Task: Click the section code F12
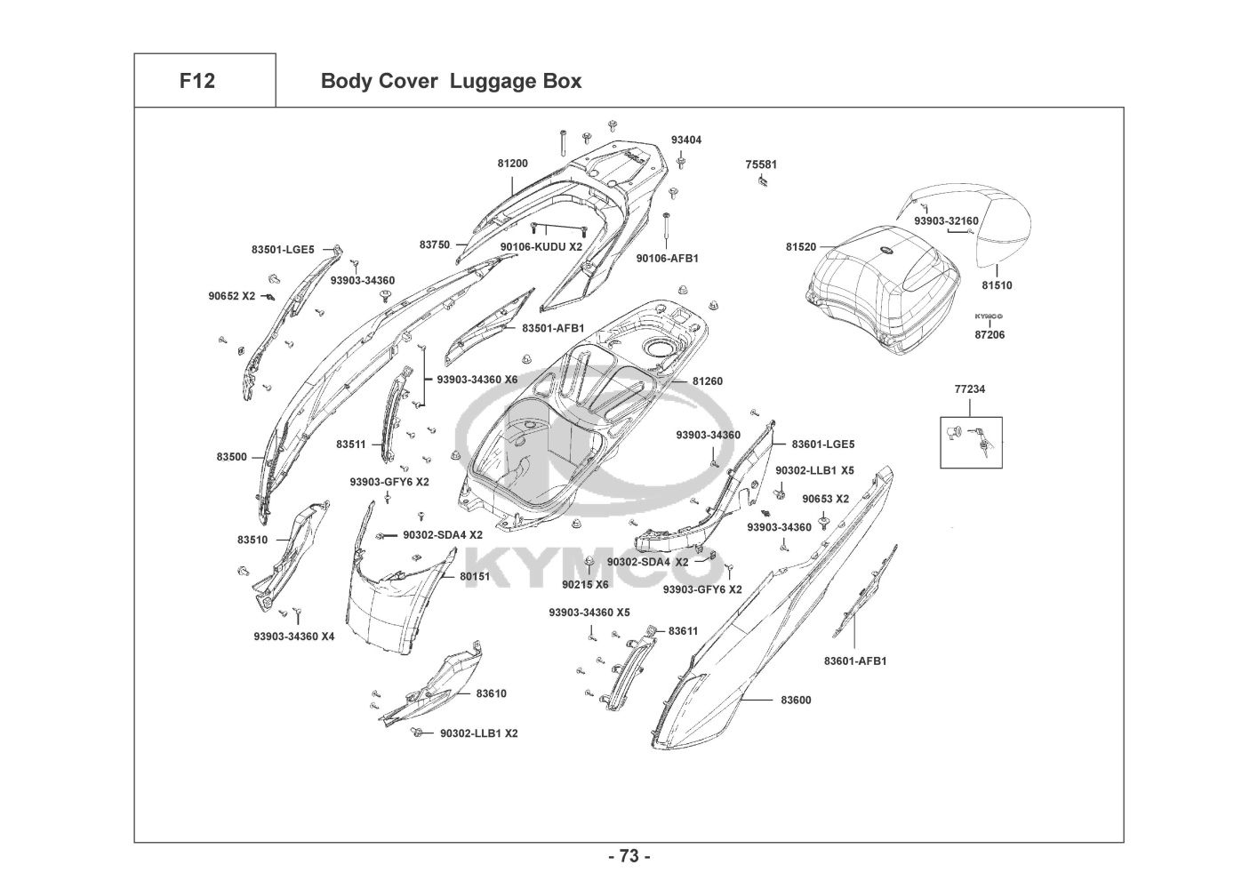(x=197, y=81)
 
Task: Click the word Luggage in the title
(x=485, y=82)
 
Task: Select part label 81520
(x=801, y=246)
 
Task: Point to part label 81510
(x=997, y=285)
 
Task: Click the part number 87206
(x=990, y=335)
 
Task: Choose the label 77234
(x=970, y=388)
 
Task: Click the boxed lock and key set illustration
(x=971, y=442)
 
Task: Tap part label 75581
(x=761, y=164)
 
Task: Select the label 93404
(x=686, y=140)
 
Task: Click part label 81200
(x=513, y=164)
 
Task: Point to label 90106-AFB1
(x=667, y=259)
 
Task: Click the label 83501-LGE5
(x=283, y=249)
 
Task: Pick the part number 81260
(x=708, y=381)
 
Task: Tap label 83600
(x=796, y=701)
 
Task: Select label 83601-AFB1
(x=855, y=661)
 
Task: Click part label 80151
(x=475, y=576)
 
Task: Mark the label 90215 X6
(x=585, y=585)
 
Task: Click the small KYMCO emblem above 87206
(x=989, y=316)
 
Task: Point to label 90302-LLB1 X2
(x=479, y=733)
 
